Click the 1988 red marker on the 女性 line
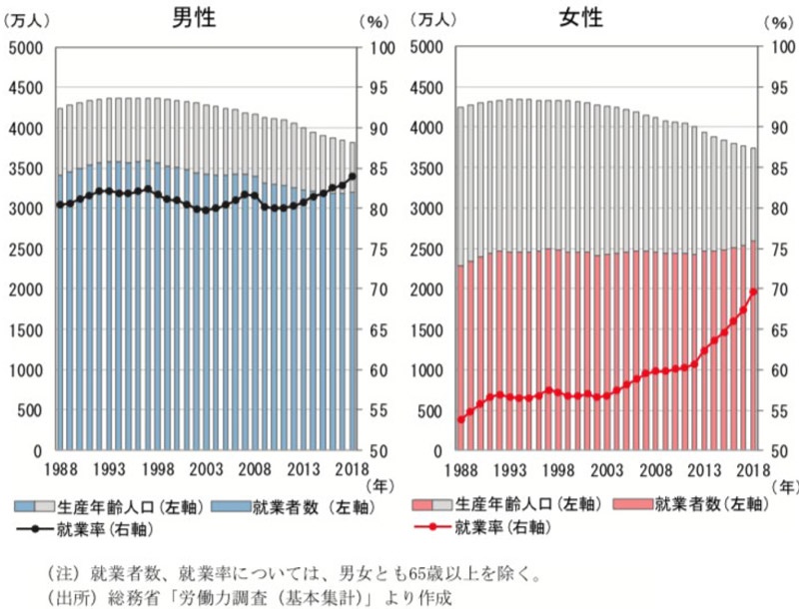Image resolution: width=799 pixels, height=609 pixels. pos(460,419)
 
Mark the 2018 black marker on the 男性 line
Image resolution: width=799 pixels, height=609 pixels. pos(353,177)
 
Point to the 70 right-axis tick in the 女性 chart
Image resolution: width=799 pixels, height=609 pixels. pos(777,290)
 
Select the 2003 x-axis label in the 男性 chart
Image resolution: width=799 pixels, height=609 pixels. pos(206,470)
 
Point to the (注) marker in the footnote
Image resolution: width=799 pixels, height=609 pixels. pos(62,574)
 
